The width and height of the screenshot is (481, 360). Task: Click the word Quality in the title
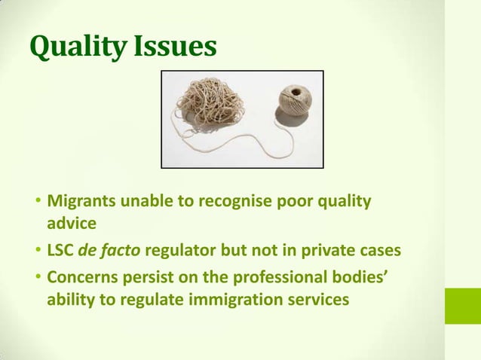73,47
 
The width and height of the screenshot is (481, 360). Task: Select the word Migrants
79,203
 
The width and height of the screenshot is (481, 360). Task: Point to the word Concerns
81,278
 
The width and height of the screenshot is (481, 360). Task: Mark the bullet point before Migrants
38,203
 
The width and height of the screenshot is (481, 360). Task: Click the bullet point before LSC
38,252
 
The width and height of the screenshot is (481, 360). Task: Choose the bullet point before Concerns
38,279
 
